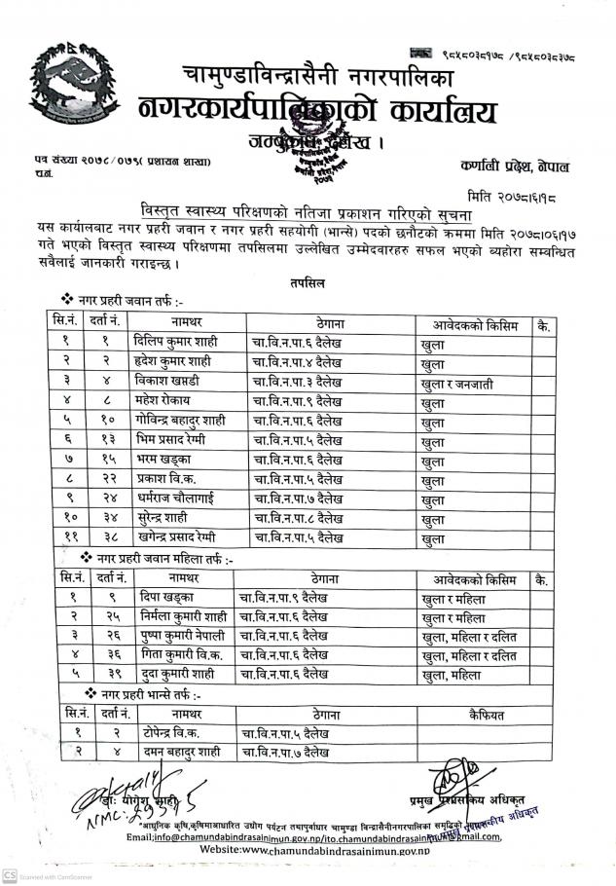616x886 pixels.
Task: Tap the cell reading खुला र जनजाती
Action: coord(464,384)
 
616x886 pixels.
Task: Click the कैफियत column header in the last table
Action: coord(485,716)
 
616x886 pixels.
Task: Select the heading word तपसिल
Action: coord(308,282)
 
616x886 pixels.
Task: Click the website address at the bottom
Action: coord(313,850)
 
